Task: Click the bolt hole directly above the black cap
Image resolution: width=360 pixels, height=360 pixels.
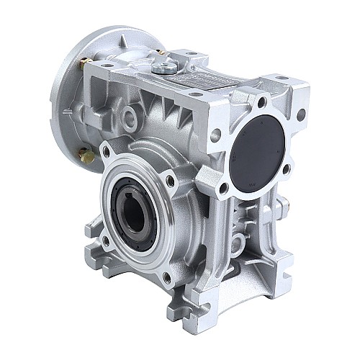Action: pos(261,101)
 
